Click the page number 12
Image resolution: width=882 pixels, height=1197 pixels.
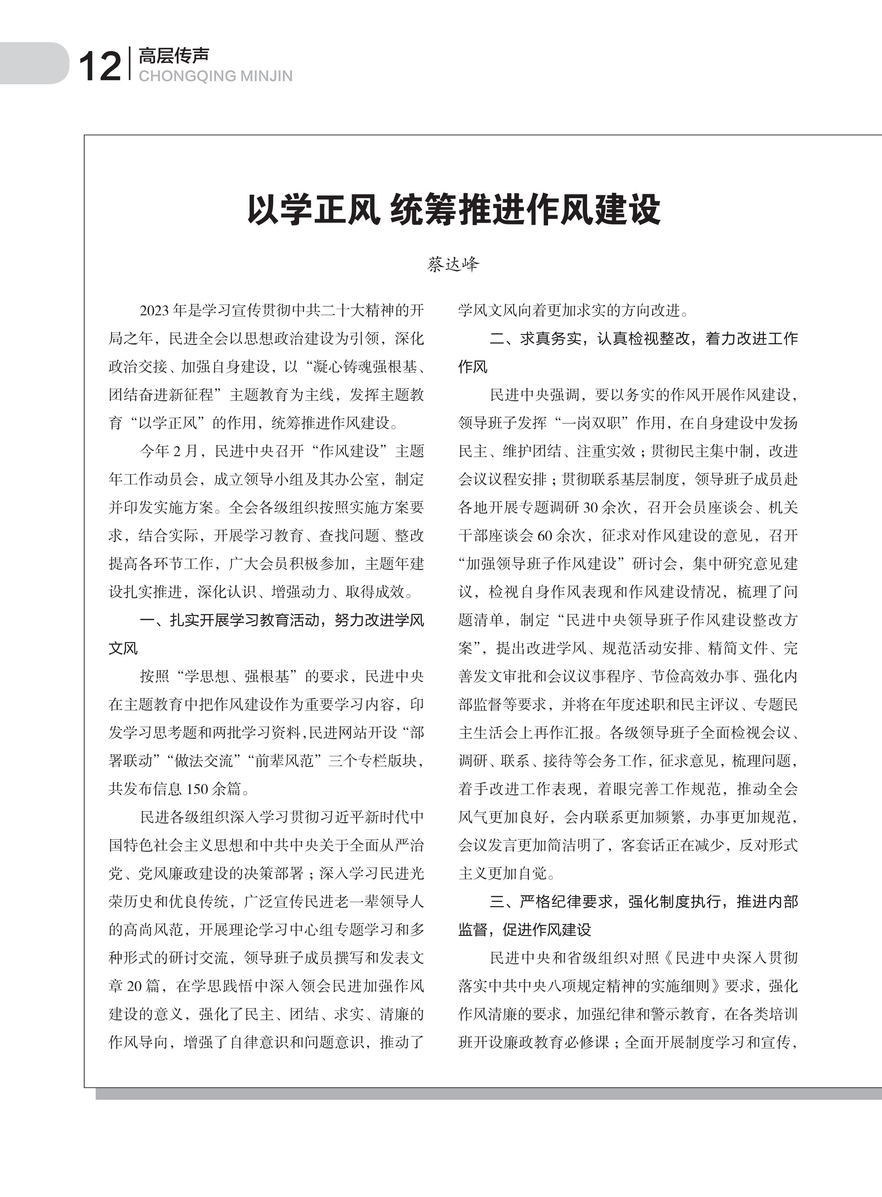click(x=99, y=67)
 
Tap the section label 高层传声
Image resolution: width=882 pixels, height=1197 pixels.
click(x=174, y=55)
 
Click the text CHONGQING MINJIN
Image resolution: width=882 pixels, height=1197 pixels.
click(x=215, y=76)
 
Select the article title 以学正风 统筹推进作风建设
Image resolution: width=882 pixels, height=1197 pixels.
click(x=453, y=209)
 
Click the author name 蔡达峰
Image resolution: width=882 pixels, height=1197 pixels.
click(x=453, y=264)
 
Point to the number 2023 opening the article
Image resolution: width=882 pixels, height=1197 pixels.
click(x=155, y=310)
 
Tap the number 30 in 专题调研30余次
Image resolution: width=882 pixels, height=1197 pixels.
click(x=590, y=507)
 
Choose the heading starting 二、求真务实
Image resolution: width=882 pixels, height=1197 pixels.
click(x=643, y=339)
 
